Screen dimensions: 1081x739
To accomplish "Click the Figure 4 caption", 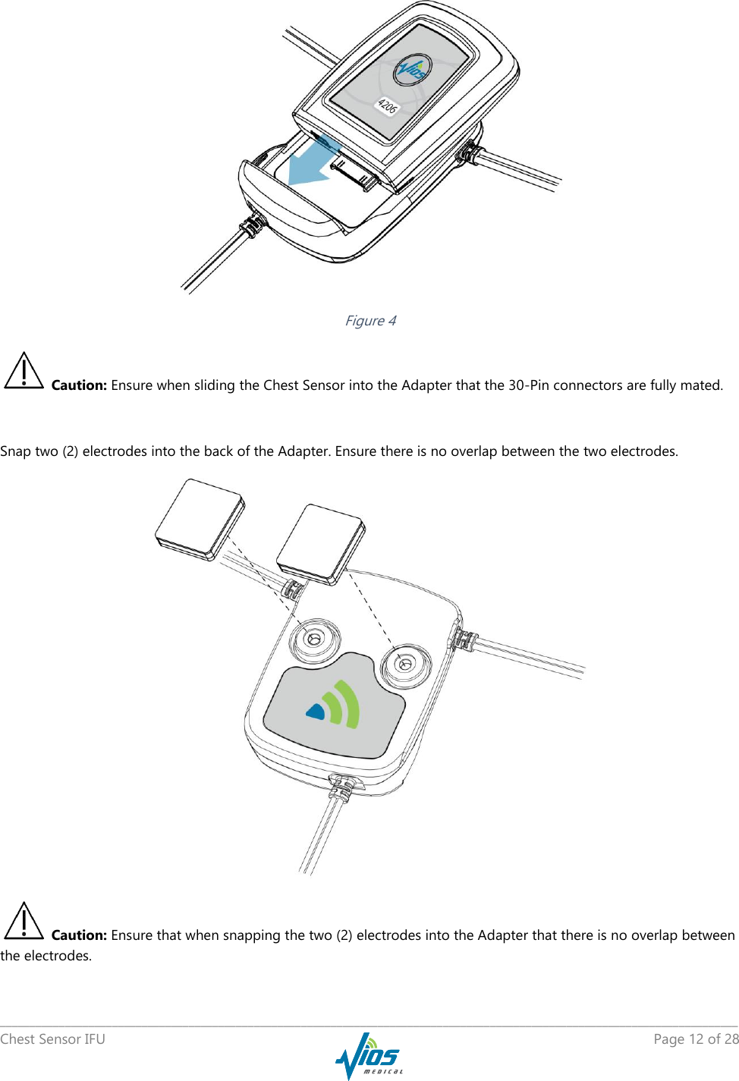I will pos(370,321).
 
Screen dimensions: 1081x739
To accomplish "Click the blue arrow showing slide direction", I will pos(312,163).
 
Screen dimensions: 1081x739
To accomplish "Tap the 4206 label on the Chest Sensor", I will pos(387,105).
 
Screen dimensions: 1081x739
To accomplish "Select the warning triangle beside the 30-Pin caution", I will pos(24,372).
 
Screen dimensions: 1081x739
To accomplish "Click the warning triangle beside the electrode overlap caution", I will pos(24,922).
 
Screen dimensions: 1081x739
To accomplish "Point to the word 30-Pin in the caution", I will pos(528,385).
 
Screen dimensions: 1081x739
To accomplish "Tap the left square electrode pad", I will pos(200,520).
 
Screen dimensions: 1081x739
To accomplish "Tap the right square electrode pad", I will pos(321,544).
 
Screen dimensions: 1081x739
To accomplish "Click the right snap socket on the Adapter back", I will pos(406,665).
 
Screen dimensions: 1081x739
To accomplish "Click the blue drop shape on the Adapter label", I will pos(316,711).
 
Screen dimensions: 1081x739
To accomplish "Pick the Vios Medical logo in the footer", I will pos(369,1055).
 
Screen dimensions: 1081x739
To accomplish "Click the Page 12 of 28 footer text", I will pos(696,1039).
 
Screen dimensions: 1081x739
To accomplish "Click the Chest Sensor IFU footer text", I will pos(53,1039).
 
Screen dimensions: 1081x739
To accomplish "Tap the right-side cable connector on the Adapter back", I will pos(463,639).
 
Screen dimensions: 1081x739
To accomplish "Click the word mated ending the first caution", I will pos(701,385).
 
